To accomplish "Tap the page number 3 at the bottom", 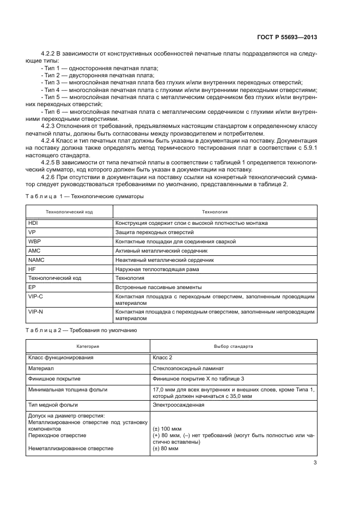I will pyautogui.click(x=315, y=463).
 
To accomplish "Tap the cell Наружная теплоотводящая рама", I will pyautogui.click(x=156, y=269).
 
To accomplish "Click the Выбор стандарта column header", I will pyautogui.click(x=234, y=346).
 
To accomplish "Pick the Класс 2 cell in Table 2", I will pyautogui.click(x=163, y=358).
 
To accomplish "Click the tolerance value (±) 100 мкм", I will pyautogui.click(x=166, y=428).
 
